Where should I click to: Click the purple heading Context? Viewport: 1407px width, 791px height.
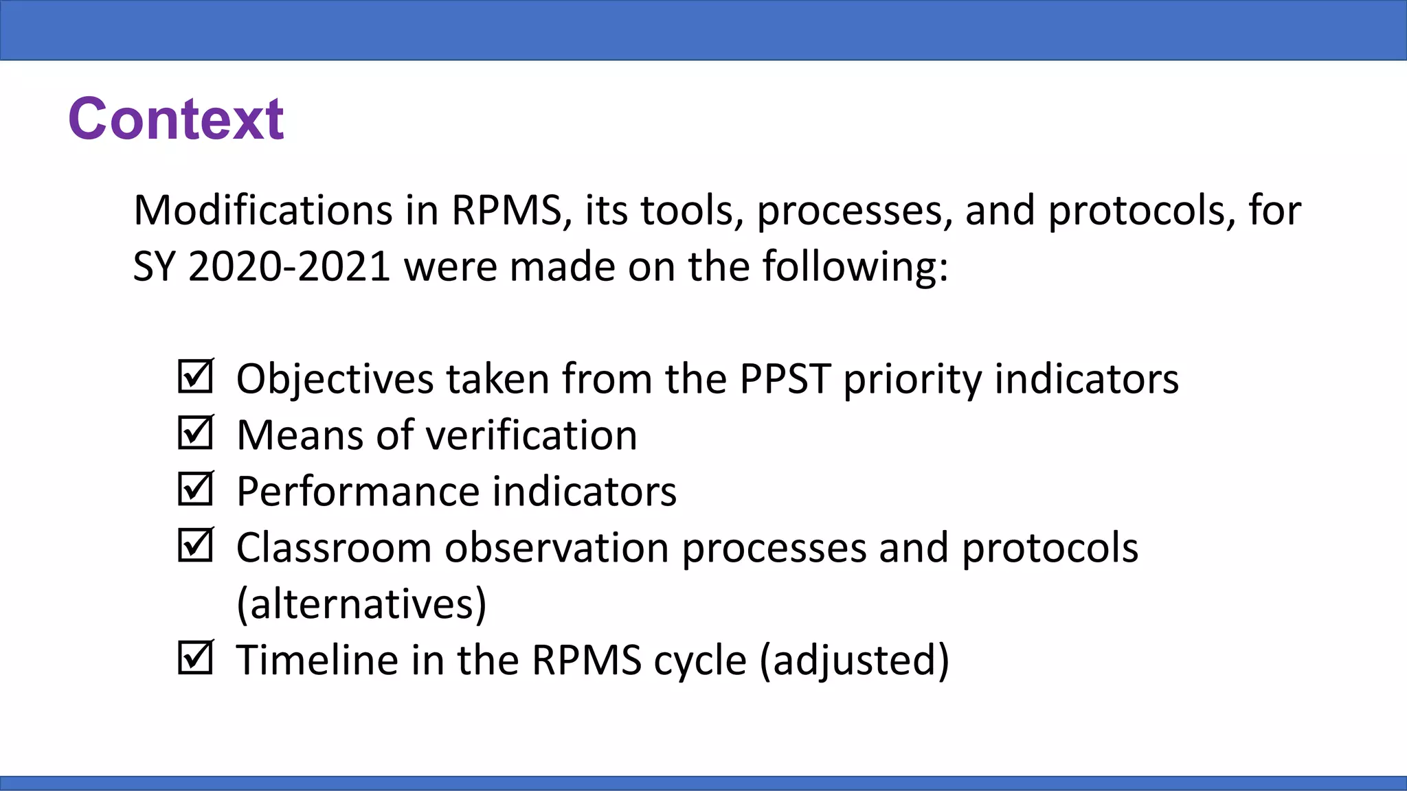[176, 119]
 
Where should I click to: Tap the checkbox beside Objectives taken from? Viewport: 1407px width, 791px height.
[196, 376]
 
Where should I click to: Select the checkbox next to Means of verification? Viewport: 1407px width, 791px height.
[196, 433]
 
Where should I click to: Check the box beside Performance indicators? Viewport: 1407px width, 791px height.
[196, 489]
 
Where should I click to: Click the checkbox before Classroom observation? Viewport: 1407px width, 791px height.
[196, 545]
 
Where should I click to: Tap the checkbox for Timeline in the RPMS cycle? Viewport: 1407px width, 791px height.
[196, 658]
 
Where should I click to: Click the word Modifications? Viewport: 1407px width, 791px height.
[262, 210]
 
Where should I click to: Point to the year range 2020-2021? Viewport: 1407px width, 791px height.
[289, 266]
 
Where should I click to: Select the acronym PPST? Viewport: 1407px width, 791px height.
[785, 378]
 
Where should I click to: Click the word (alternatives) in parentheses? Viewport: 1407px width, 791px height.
[361, 604]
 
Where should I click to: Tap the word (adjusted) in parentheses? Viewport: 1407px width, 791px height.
[855, 660]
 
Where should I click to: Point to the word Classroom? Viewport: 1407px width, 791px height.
[334, 548]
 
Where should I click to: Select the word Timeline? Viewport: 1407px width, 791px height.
[317, 660]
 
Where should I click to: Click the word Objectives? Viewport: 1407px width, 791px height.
[335, 378]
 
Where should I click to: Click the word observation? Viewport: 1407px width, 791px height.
[557, 548]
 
